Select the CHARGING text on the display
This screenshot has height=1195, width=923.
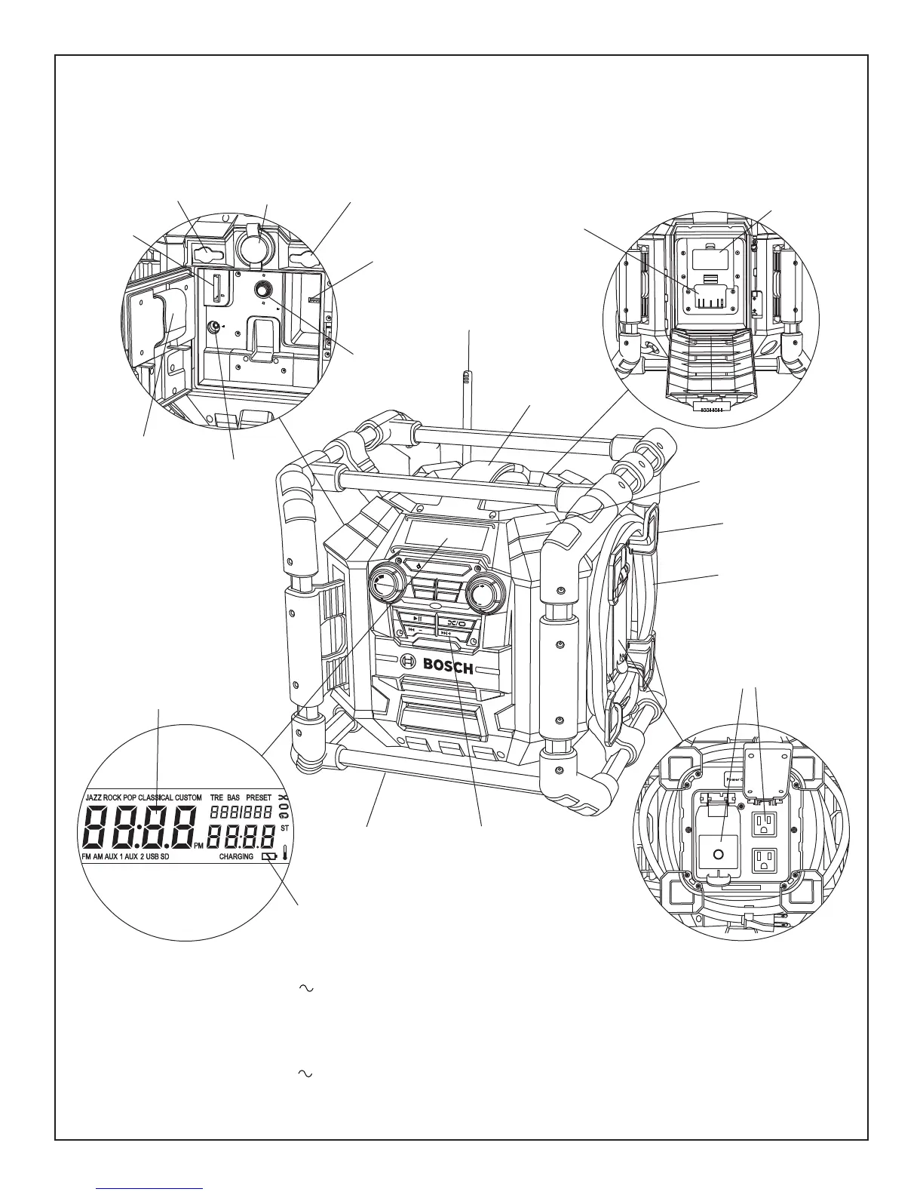236,857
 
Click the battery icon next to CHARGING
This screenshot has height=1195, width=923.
269,857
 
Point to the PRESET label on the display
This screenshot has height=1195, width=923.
258,797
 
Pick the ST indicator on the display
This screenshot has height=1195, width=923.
285,828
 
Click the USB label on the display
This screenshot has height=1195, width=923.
152,857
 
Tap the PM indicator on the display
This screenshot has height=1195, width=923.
198,846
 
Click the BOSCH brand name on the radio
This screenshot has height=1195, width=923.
447,666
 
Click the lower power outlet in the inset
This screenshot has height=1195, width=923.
765,862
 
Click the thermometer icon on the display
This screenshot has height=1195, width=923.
286,854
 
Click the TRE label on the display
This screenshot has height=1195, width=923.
216,797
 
